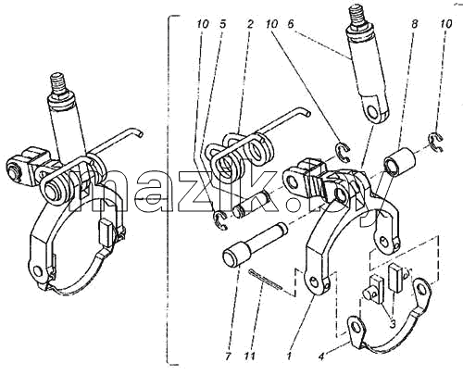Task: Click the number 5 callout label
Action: click(223, 24)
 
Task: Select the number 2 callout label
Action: click(250, 24)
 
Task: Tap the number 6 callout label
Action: click(291, 24)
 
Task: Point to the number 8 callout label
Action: click(414, 24)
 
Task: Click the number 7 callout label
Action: click(228, 356)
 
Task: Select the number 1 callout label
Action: click(289, 356)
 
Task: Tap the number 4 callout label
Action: click(321, 356)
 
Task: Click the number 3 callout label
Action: click(393, 324)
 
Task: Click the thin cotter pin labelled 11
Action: click(266, 280)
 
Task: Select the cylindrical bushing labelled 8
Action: click(400, 160)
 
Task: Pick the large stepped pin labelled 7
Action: click(255, 244)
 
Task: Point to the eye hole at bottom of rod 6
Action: click(373, 112)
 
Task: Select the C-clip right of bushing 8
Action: click(436, 142)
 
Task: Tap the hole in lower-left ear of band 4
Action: click(356, 328)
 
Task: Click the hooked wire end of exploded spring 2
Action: click(306, 112)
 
